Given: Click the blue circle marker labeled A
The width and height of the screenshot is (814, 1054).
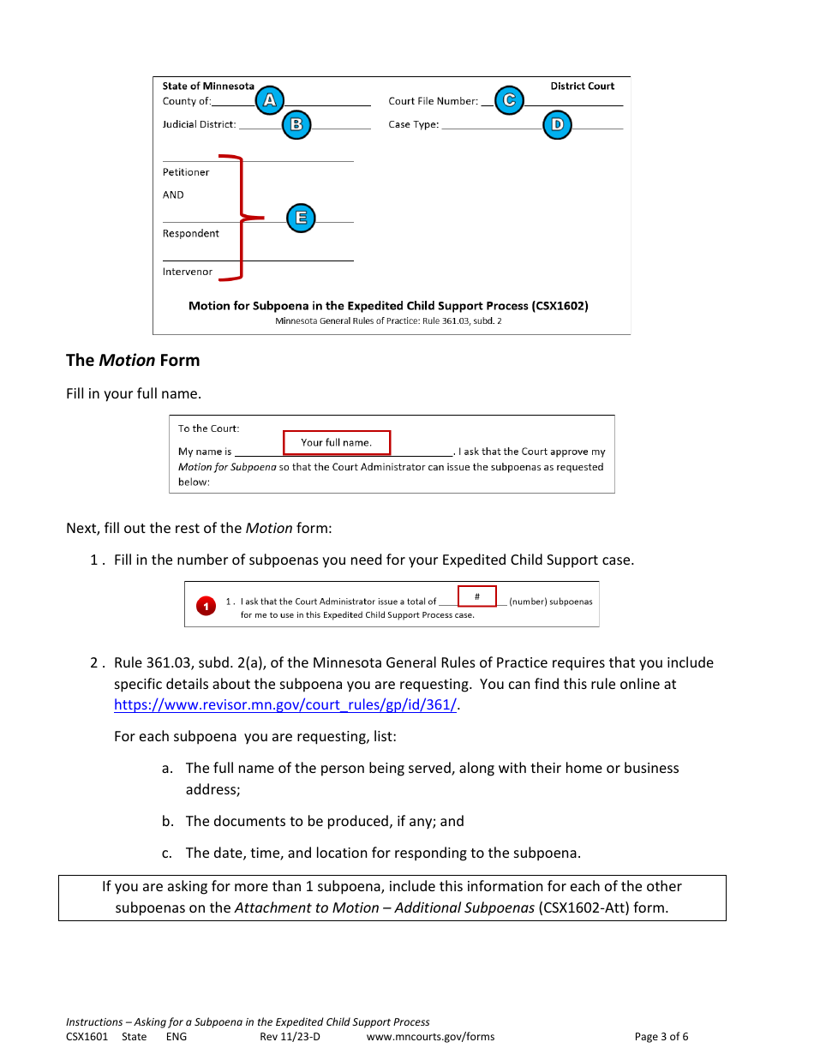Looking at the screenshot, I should pyautogui.click(x=269, y=101).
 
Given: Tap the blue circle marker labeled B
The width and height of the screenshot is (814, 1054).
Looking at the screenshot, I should pyautogui.click(x=296, y=124).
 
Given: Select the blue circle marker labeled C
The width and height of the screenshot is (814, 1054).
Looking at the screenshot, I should pyautogui.click(x=509, y=101).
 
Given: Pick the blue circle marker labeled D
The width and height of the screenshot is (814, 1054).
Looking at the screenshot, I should pyautogui.click(x=557, y=125).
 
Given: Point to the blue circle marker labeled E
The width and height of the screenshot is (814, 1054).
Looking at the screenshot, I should pyautogui.click(x=301, y=218).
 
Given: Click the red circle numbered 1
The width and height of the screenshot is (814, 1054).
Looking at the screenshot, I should pyautogui.click(x=206, y=607).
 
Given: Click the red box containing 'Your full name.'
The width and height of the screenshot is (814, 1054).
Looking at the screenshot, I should pyautogui.click(x=337, y=442).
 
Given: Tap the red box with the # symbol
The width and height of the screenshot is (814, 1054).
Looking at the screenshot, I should pyautogui.click(x=476, y=596).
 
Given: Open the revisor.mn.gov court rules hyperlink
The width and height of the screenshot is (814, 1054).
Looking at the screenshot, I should pyautogui.click(x=285, y=705).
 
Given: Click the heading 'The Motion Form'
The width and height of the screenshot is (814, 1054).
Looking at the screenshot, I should pyautogui.click(x=133, y=360).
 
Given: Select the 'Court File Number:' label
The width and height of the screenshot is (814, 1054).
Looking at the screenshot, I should pyautogui.click(x=433, y=101).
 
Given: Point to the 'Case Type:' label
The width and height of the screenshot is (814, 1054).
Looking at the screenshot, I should pyautogui.click(x=413, y=124).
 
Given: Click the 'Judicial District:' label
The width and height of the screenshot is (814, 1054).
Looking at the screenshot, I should pyautogui.click(x=199, y=124).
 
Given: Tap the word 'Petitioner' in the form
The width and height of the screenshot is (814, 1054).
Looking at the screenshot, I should pyautogui.click(x=186, y=172).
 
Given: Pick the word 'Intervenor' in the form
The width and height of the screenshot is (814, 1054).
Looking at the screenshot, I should pyautogui.click(x=188, y=272).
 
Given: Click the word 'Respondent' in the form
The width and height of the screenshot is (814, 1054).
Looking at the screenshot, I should pyautogui.click(x=191, y=233).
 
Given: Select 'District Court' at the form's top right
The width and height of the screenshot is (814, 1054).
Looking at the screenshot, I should pyautogui.click(x=582, y=86).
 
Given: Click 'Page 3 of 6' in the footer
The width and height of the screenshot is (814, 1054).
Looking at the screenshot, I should pyautogui.click(x=661, y=1036).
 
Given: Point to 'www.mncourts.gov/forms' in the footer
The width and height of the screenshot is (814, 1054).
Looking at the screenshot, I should pyautogui.click(x=430, y=1036).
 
